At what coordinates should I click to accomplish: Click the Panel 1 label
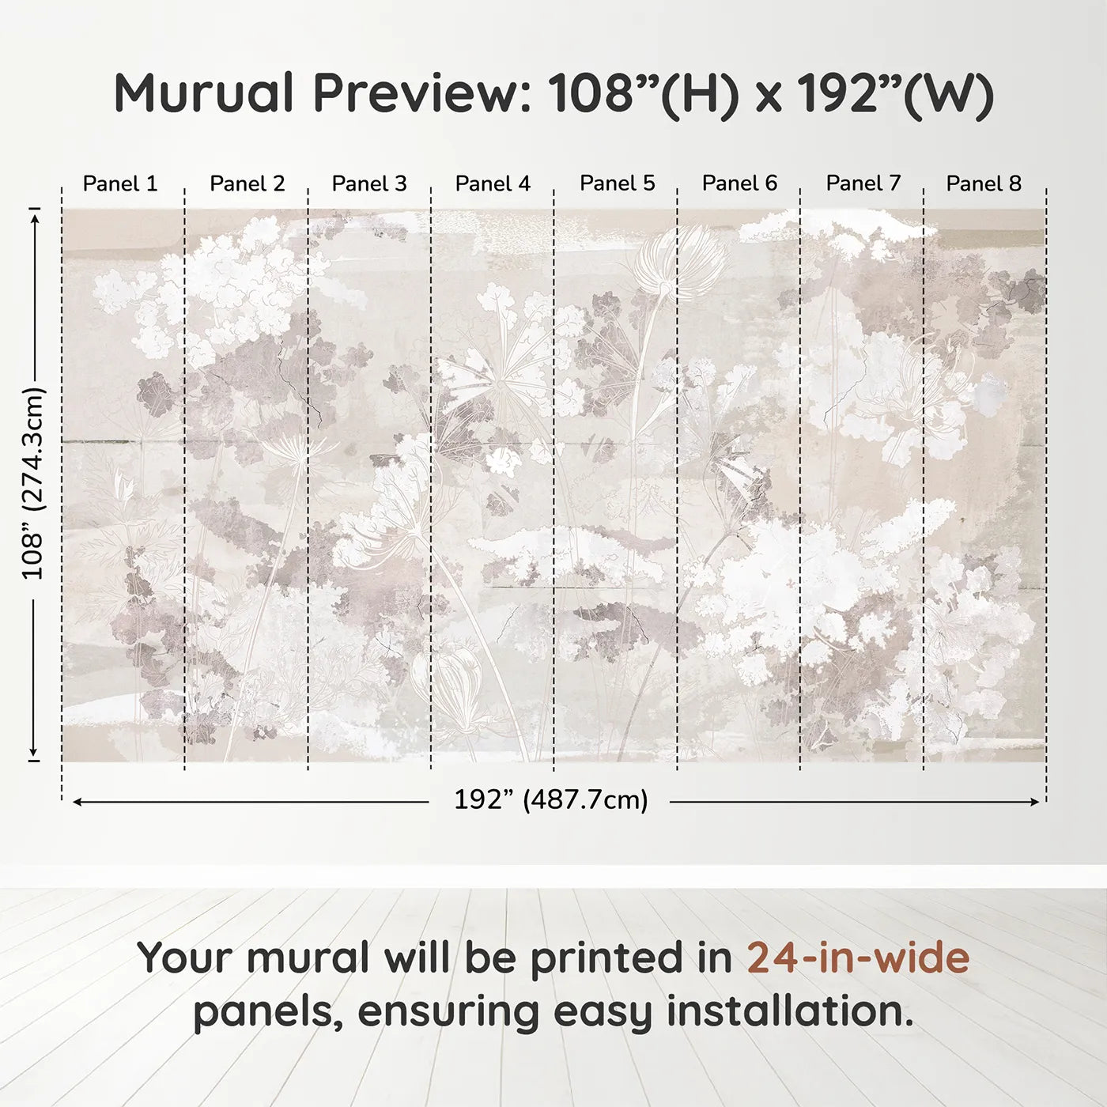click(120, 183)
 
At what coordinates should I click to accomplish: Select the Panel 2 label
click(247, 183)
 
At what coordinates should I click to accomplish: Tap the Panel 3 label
click(369, 183)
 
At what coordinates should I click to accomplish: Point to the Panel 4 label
click(493, 183)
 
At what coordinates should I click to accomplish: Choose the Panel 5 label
click(617, 183)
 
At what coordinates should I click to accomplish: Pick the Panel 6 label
click(739, 183)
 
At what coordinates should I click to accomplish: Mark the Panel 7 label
click(863, 183)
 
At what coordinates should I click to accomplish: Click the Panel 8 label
click(984, 183)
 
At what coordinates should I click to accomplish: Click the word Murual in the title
click(204, 93)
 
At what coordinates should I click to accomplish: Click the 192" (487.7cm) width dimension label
click(551, 800)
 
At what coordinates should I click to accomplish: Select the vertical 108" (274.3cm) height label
click(33, 483)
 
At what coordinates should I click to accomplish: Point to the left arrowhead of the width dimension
click(77, 802)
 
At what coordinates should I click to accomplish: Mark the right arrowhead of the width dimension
click(1035, 802)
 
